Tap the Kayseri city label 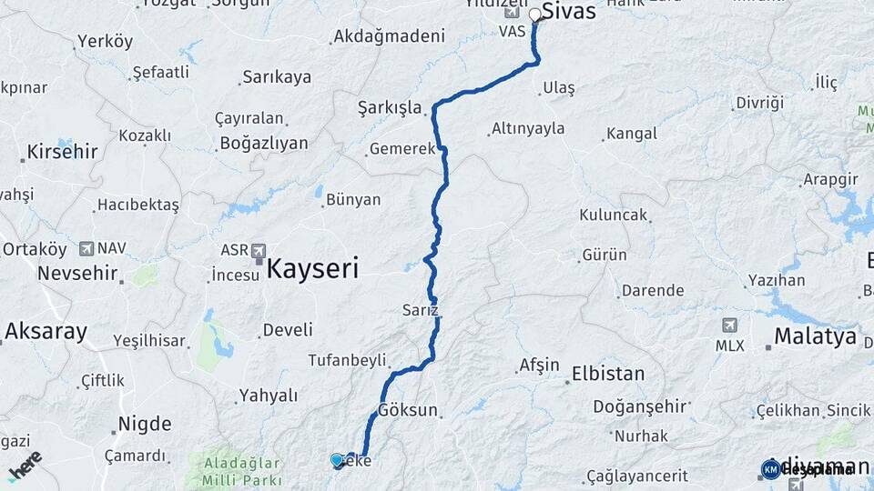click(x=312, y=268)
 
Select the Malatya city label click(x=815, y=336)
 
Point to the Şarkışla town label click(x=391, y=108)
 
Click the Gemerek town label click(x=401, y=149)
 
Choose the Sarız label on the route click(x=421, y=310)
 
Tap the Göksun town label click(x=408, y=410)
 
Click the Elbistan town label click(x=607, y=374)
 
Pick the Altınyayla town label click(x=527, y=128)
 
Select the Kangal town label click(x=632, y=134)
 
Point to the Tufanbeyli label click(x=347, y=360)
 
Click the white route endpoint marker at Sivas click(x=535, y=15)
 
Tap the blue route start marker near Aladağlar click(x=337, y=460)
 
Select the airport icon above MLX click(x=729, y=326)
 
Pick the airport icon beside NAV click(x=86, y=247)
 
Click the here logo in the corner click(x=25, y=465)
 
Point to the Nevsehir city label click(x=78, y=272)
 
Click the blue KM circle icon click(x=770, y=469)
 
